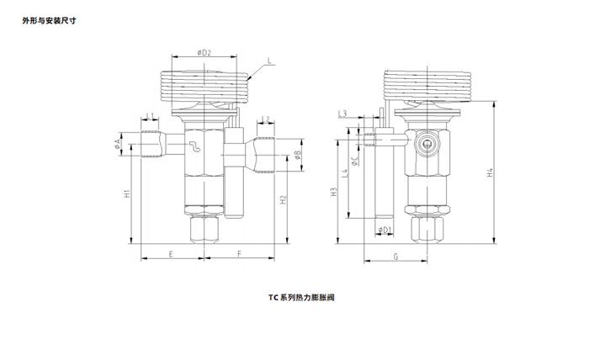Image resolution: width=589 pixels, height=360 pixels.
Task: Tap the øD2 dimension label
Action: [204, 52]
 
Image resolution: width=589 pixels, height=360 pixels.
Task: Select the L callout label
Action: [268, 61]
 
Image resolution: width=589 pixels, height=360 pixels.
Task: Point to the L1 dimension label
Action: [150, 116]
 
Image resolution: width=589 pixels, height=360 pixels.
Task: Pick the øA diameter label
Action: [118, 145]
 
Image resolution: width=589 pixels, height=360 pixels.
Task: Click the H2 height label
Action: [284, 199]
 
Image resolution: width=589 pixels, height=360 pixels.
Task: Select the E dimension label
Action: [171, 252]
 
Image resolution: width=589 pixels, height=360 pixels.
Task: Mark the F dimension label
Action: [239, 252]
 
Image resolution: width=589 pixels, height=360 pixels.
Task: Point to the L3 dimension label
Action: [342, 113]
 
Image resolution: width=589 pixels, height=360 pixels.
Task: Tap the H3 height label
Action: [334, 193]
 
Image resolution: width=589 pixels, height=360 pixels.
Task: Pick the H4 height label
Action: [490, 173]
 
